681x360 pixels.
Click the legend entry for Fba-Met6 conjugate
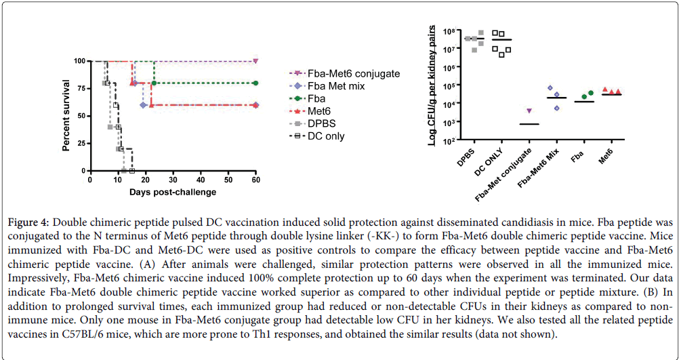353,73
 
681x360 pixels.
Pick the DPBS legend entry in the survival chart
323,123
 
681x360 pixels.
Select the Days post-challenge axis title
173,192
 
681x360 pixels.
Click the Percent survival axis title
67,116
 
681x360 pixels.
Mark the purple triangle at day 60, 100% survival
255,61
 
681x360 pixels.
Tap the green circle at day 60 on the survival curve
255,83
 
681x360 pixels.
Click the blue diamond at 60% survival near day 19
143,105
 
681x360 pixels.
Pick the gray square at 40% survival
110,127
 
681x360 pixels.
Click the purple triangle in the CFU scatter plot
529,111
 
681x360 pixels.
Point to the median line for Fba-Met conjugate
529,124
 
